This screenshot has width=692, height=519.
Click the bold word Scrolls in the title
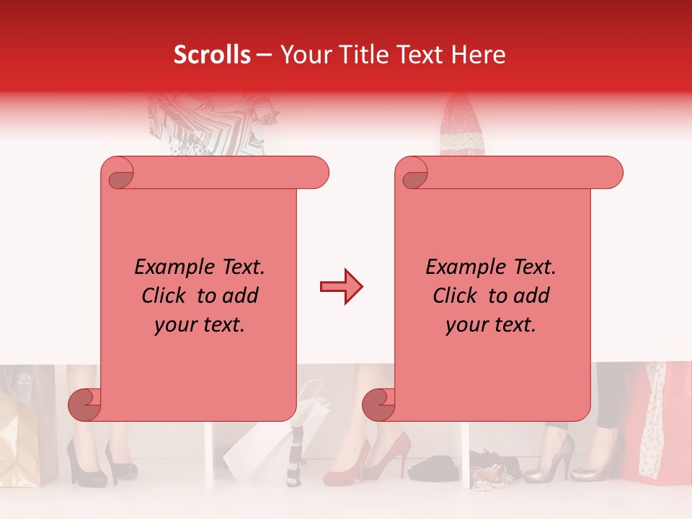coord(213,55)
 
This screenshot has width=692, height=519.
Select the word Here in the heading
coord(479,55)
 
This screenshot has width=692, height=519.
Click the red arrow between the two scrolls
coord(341,287)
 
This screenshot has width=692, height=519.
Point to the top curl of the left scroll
coord(117,173)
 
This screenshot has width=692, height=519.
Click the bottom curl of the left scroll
coord(86,404)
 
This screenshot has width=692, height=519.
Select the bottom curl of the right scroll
coord(380,404)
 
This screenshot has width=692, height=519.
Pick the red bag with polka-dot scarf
coord(656,425)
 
